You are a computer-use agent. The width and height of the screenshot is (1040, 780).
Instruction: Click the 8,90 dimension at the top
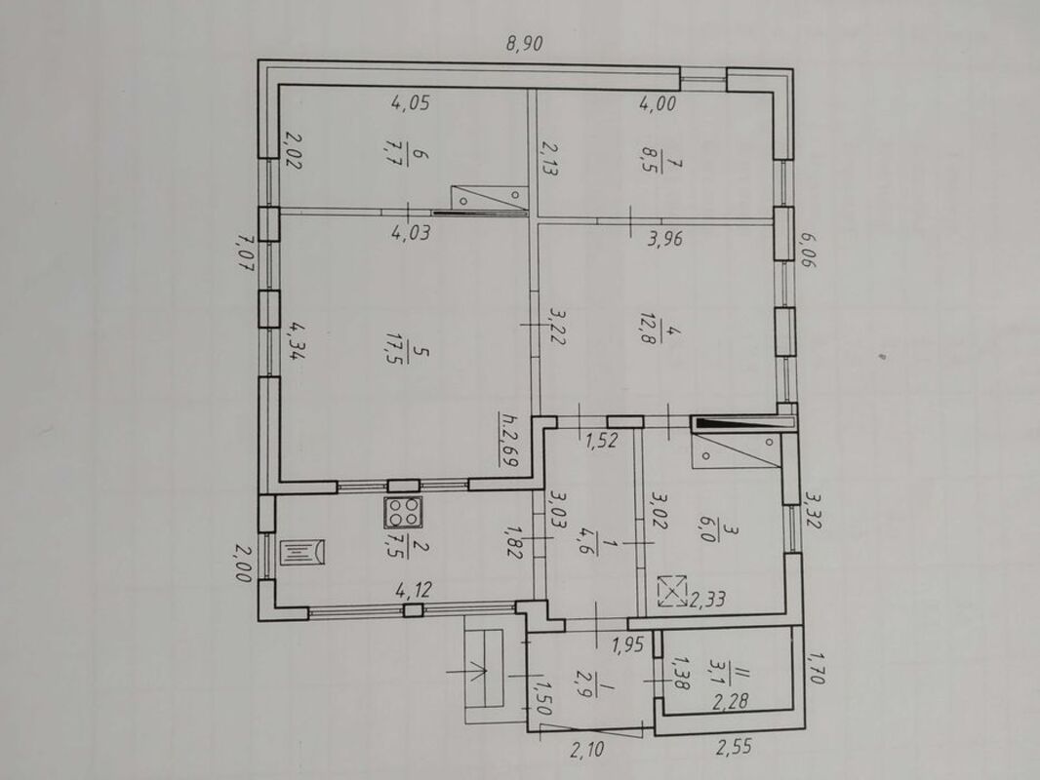point(525,45)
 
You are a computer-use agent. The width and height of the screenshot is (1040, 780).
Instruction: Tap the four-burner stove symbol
point(403,512)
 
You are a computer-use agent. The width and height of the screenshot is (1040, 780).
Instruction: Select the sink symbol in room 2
point(302,553)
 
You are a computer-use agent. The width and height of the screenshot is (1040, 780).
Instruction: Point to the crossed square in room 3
point(671,592)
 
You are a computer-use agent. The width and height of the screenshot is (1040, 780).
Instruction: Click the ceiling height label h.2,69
point(509,441)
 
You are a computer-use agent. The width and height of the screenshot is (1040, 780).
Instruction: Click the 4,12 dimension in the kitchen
point(414,589)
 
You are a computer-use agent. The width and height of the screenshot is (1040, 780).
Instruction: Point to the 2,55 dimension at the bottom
point(734,747)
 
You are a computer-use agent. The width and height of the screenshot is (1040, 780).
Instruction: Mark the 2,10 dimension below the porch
point(587,750)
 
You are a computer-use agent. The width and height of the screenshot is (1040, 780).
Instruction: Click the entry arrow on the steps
point(467,672)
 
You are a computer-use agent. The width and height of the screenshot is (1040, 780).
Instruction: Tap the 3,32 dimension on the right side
point(813,509)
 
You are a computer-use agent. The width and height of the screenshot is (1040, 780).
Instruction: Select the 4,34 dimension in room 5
point(295,340)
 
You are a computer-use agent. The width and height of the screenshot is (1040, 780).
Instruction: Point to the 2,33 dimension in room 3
point(707,601)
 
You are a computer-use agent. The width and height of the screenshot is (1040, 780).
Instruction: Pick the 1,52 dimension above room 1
point(601,440)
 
